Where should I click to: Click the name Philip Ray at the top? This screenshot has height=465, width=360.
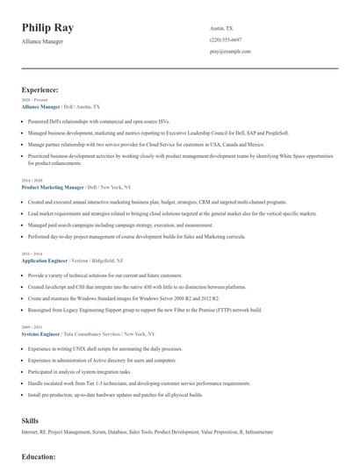(48, 27)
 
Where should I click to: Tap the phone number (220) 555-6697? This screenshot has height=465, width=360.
(226, 40)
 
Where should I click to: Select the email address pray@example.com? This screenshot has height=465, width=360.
(230, 53)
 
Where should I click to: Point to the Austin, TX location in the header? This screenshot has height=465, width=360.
(222, 28)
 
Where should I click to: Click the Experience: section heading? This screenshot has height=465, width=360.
(40, 89)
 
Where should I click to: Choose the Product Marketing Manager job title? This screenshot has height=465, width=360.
(53, 187)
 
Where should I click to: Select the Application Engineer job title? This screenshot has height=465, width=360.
(46, 261)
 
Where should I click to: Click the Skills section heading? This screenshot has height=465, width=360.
(30, 421)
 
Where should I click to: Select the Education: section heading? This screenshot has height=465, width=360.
(40, 457)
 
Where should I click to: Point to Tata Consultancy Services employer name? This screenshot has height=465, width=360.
(100, 334)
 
